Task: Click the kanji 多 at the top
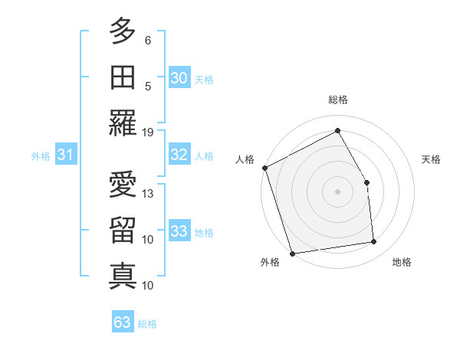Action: click(123, 33)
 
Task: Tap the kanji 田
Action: click(123, 77)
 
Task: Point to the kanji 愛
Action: click(123, 185)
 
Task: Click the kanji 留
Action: click(123, 231)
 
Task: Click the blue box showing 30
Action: click(179, 78)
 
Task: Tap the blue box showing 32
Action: click(179, 155)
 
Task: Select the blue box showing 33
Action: click(179, 231)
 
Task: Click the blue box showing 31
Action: click(65, 155)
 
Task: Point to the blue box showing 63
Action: click(123, 322)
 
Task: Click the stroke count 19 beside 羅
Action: click(148, 132)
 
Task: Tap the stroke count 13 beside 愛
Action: click(148, 193)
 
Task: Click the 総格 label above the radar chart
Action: click(338, 100)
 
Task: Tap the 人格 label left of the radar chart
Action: click(245, 159)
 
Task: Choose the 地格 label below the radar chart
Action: click(402, 263)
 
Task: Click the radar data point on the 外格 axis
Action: click(292, 253)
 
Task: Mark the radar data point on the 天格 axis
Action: click(366, 182)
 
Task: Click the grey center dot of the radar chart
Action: click(337, 191)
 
